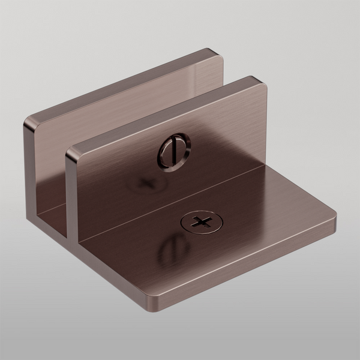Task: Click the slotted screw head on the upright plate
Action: [173, 151]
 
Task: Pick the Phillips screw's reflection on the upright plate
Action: [144, 181]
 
